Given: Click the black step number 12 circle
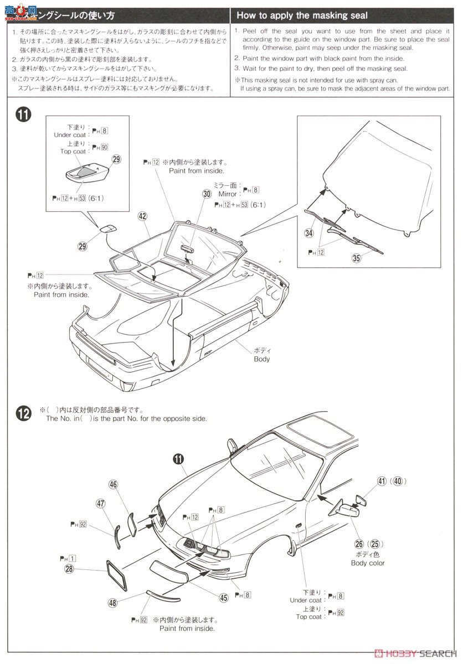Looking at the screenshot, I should (x=23, y=414).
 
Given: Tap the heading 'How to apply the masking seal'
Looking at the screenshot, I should (x=302, y=15).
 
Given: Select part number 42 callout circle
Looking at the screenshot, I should (x=142, y=217).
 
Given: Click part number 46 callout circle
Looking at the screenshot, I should (x=113, y=485).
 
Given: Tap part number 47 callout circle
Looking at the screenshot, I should (x=100, y=503).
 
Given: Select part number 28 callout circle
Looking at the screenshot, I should (x=69, y=569).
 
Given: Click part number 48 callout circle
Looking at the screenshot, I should (x=112, y=603).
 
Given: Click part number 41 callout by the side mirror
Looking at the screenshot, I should (x=382, y=481).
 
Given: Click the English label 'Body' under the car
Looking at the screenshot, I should (x=261, y=359).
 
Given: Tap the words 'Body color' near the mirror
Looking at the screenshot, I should (x=367, y=563).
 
